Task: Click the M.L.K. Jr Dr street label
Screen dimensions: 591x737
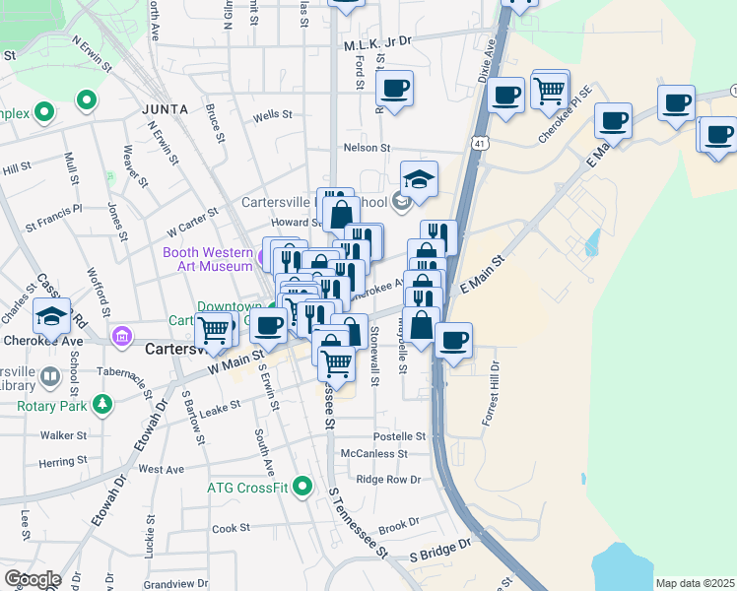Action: tap(376, 44)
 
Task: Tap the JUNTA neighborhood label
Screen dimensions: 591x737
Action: tap(163, 108)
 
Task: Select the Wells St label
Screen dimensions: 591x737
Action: tap(273, 115)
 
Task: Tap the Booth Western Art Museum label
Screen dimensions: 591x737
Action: tap(207, 259)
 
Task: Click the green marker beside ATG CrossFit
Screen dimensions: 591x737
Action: tap(302, 486)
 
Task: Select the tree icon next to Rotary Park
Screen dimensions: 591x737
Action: tap(100, 405)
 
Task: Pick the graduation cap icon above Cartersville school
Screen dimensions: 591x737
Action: tap(419, 180)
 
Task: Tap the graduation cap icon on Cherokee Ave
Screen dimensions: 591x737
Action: tap(51, 316)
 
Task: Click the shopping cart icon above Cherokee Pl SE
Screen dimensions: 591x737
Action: tap(549, 91)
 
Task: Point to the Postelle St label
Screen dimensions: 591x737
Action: tap(399, 436)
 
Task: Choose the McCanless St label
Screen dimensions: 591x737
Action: tap(373, 454)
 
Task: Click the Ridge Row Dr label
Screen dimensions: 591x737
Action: tap(388, 480)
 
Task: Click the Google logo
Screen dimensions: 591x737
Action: tap(32, 579)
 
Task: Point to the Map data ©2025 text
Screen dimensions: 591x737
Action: tap(694, 583)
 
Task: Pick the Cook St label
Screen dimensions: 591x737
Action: tap(232, 529)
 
